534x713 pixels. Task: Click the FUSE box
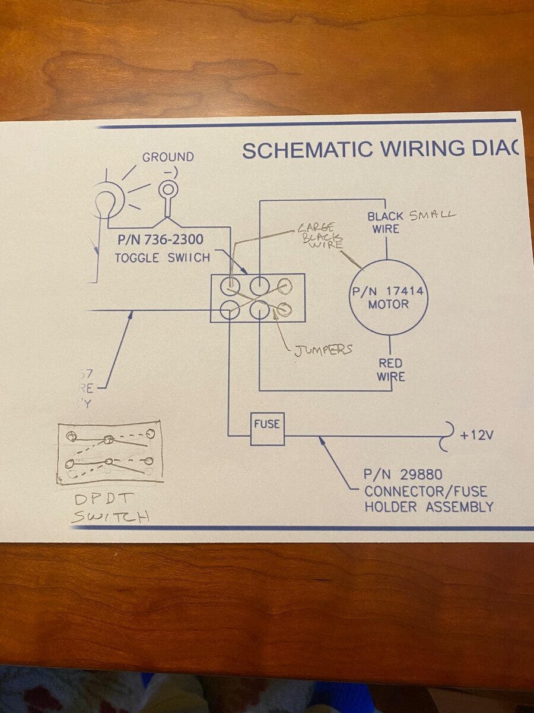click(267, 428)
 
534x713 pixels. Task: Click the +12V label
click(476, 436)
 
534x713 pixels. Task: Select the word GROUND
click(168, 157)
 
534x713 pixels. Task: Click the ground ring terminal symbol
click(169, 191)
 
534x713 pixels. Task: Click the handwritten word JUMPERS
click(323, 349)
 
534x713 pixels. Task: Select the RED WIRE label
click(390, 370)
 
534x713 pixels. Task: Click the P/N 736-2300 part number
click(160, 240)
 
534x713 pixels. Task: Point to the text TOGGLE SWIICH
click(162, 258)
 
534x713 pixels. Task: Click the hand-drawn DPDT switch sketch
click(109, 453)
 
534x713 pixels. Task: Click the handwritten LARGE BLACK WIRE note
click(319, 236)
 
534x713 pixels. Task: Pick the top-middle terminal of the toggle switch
click(259, 286)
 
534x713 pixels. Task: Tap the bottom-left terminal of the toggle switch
click(230, 309)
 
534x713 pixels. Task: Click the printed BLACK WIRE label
click(386, 222)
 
